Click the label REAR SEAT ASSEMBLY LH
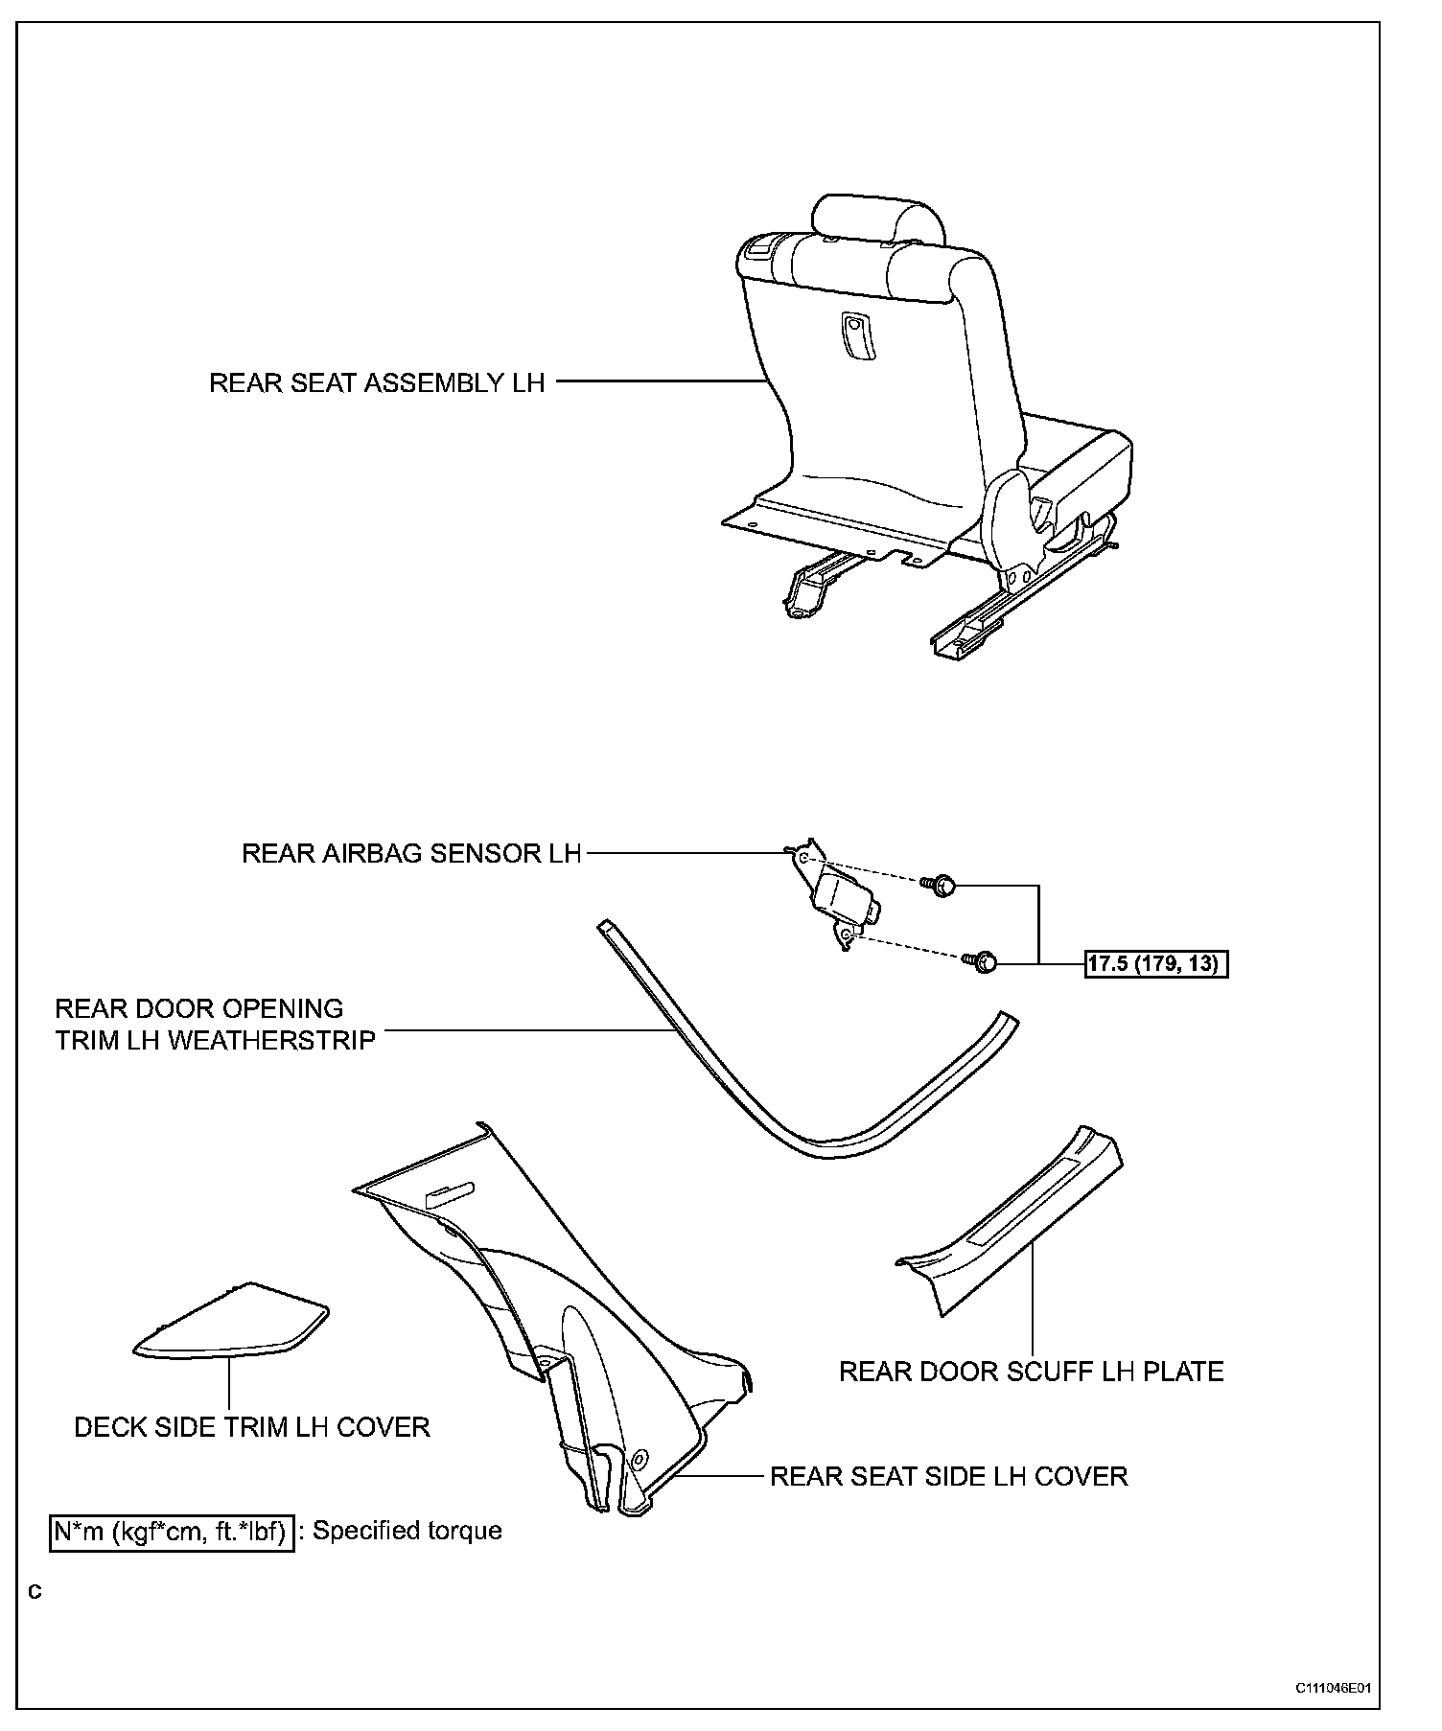point(377,383)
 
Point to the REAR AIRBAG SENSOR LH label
point(411,854)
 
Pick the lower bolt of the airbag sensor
point(986,961)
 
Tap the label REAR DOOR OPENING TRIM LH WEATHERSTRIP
point(215,1025)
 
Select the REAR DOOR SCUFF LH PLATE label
point(1031,1372)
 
